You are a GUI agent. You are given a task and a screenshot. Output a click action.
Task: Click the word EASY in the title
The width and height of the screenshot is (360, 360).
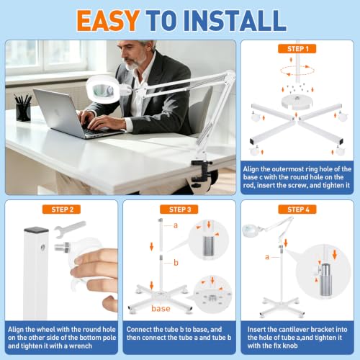pos(108,20)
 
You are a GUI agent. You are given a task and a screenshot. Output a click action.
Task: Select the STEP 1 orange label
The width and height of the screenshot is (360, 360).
pos(297,49)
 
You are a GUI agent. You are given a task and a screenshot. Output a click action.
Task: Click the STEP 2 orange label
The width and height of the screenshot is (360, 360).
pos(61,210)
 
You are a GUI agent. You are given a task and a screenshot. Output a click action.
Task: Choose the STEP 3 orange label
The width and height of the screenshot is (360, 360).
pos(179,210)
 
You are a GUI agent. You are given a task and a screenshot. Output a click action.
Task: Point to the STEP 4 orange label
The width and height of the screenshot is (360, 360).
pos(297,210)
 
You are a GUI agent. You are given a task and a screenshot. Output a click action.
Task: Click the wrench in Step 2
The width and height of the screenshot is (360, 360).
pos(70,229)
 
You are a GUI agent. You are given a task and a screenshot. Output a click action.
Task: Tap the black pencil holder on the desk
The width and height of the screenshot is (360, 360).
pos(23,111)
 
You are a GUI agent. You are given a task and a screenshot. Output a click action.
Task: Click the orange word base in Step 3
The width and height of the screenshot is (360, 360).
pos(161,308)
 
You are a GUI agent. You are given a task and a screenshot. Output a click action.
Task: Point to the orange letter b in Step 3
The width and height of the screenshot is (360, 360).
pos(176,263)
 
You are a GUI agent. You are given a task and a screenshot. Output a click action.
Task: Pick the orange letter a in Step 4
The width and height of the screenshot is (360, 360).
pos(267,257)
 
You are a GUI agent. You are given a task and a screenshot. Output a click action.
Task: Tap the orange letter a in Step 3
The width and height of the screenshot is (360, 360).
pos(176,225)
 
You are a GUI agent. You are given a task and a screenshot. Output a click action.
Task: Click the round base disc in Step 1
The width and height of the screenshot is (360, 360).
pos(297,102)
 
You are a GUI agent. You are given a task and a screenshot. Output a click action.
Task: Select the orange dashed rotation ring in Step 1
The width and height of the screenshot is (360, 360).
pos(297,71)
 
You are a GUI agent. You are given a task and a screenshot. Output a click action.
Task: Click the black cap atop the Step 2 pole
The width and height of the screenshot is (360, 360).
pos(36,230)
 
